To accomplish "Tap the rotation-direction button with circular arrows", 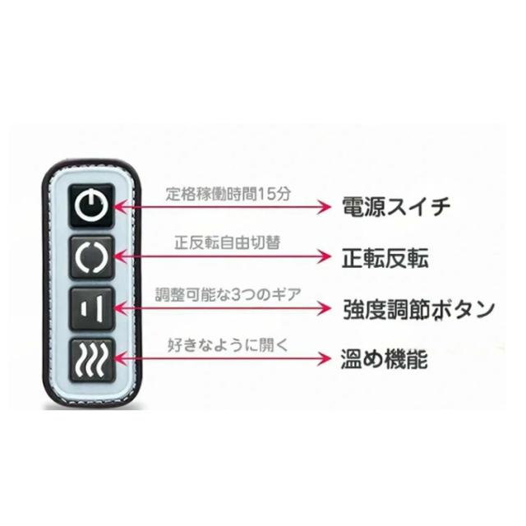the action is (x=91, y=257).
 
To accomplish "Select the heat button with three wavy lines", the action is (x=91, y=360).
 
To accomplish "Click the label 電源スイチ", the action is (x=395, y=206).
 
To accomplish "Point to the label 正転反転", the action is (x=385, y=258).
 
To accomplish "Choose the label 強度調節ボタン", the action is (x=418, y=310).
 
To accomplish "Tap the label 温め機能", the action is (x=384, y=359).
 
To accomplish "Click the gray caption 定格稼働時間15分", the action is (x=228, y=194).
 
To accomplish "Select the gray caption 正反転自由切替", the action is (x=227, y=242).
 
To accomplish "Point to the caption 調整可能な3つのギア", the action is (x=228, y=294).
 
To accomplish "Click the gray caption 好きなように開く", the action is (x=228, y=345).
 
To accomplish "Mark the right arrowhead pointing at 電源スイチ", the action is (x=324, y=206).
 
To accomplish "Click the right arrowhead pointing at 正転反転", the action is (x=324, y=256).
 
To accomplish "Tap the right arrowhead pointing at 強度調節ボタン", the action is (x=324, y=308).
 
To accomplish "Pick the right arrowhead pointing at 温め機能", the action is (x=324, y=358).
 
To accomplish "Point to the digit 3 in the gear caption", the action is (x=236, y=295).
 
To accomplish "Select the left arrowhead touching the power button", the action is (x=121, y=206).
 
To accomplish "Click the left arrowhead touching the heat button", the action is (x=121, y=358).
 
